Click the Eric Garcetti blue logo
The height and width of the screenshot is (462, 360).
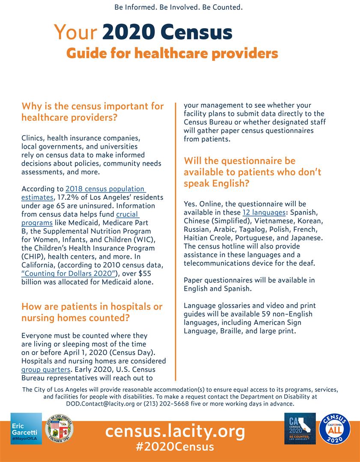click(x=26, y=428)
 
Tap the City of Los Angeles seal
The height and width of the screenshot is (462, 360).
click(x=59, y=428)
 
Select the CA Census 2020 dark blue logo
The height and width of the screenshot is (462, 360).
click(x=300, y=428)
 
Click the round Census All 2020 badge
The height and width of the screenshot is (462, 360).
click(x=335, y=429)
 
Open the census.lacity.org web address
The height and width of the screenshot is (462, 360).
click(x=175, y=431)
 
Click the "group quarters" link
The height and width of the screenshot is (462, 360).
click(x=46, y=370)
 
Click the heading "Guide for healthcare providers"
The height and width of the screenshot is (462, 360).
click(x=172, y=53)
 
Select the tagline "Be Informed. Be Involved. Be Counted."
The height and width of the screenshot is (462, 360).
click(x=179, y=7)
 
